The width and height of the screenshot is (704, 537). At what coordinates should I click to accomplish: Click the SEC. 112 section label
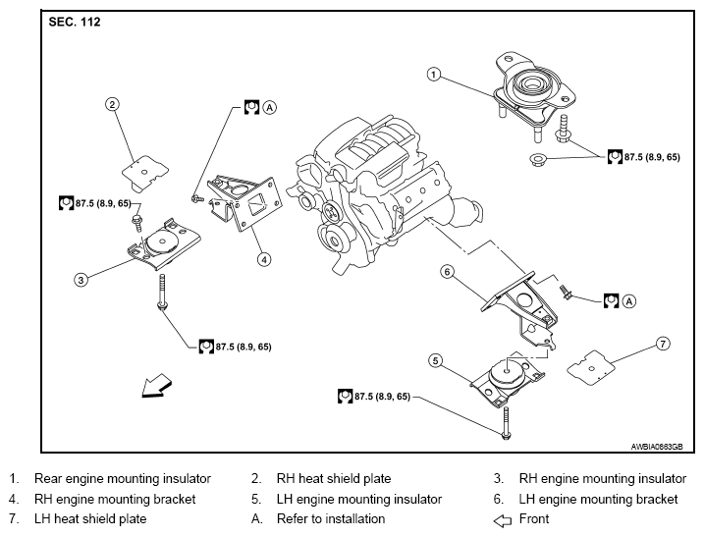[x=75, y=22]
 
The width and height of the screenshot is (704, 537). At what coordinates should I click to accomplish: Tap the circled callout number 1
[x=433, y=74]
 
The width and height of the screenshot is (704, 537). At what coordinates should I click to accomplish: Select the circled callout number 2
[x=112, y=105]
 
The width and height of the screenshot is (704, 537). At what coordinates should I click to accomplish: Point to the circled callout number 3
[x=81, y=280]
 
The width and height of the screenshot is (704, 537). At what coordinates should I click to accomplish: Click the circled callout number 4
[x=264, y=259]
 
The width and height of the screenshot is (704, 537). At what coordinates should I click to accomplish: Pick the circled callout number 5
[x=436, y=360]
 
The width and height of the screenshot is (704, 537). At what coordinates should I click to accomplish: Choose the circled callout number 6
[x=447, y=272]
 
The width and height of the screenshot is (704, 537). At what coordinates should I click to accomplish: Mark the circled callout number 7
[x=663, y=344]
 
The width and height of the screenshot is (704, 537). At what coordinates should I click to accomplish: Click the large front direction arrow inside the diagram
[x=156, y=386]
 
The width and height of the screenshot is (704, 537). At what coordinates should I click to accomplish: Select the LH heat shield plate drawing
[x=591, y=368]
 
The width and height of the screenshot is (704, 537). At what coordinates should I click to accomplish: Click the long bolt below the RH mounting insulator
[x=162, y=292]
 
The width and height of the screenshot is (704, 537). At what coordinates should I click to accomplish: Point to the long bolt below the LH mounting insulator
[x=507, y=423]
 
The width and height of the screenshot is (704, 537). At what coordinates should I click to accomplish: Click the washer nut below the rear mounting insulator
[x=537, y=159]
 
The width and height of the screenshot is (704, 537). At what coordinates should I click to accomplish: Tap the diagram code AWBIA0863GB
[x=657, y=447]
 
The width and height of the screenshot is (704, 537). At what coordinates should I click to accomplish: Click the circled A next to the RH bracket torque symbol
[x=269, y=107]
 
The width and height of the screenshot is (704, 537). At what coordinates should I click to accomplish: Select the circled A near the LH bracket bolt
[x=629, y=300]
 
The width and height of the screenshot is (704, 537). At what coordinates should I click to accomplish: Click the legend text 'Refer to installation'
[x=331, y=519]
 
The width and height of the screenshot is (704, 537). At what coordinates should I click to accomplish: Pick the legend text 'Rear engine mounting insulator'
[x=123, y=479]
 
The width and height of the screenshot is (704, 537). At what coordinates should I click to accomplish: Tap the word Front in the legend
[x=534, y=519]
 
